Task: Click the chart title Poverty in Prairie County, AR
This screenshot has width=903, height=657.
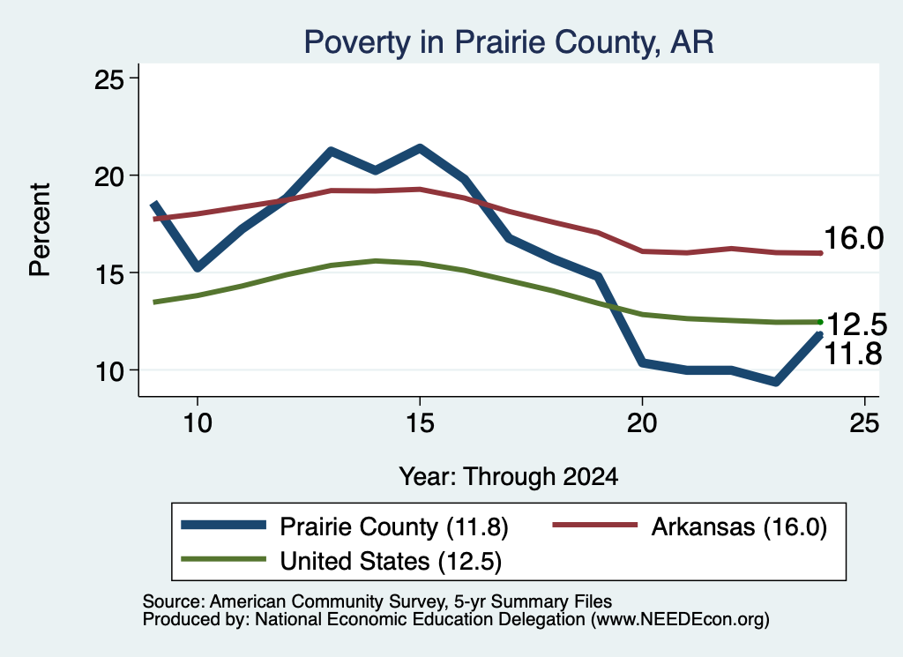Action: pyautogui.click(x=509, y=42)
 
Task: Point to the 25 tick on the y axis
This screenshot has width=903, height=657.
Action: pyautogui.click(x=109, y=78)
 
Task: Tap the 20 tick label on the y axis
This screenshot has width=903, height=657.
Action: pyautogui.click(x=109, y=175)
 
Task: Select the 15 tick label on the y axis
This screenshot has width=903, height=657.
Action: pyautogui.click(x=109, y=273)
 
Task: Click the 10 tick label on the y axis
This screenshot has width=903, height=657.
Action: pyautogui.click(x=109, y=371)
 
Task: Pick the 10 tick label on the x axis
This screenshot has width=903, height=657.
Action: pyautogui.click(x=198, y=423)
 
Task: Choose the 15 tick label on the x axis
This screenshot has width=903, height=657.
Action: pyautogui.click(x=420, y=423)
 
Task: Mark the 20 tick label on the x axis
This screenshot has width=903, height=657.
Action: pyautogui.click(x=642, y=423)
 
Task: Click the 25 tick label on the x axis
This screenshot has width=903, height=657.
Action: pyautogui.click(x=864, y=423)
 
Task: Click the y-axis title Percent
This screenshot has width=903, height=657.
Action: pyautogui.click(x=40, y=230)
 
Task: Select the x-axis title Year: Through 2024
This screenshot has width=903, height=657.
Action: pyautogui.click(x=509, y=477)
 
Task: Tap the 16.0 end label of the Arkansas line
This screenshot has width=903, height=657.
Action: pyautogui.click(x=854, y=238)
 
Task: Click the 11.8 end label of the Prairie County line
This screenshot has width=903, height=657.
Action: pyautogui.click(x=853, y=353)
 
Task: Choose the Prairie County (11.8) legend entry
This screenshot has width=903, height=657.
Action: pyautogui.click(x=345, y=526)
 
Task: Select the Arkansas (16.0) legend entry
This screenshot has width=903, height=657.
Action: pyautogui.click(x=690, y=526)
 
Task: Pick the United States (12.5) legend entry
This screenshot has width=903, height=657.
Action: pyautogui.click(x=341, y=560)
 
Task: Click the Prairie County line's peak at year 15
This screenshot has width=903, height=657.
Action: pyautogui.click(x=420, y=148)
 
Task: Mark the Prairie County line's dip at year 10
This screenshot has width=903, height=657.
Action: pyautogui.click(x=198, y=267)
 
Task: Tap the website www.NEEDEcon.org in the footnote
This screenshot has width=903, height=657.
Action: pyautogui.click(x=678, y=620)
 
